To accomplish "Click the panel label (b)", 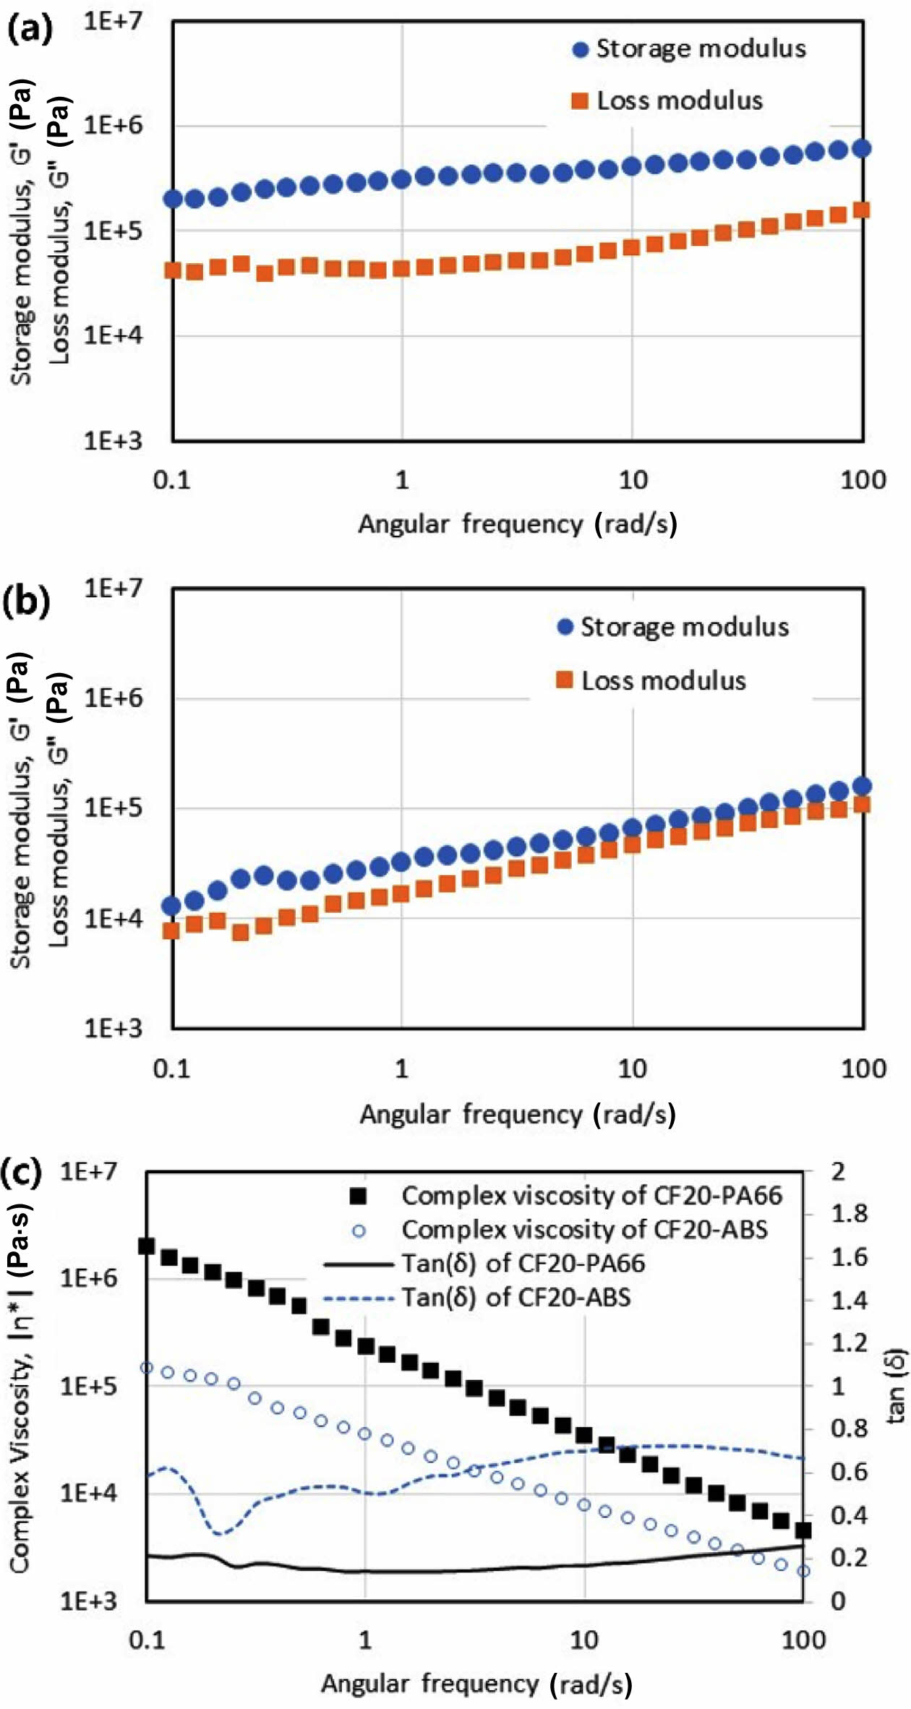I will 27,600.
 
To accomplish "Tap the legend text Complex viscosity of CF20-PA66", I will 591,1196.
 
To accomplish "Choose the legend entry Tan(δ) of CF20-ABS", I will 516,1297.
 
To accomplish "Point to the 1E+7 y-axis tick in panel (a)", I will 113,22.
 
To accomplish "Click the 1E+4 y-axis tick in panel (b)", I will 113,919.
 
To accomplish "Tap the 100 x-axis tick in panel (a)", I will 863,480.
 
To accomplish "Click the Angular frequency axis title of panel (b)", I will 518,1114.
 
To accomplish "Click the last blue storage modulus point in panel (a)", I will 862,149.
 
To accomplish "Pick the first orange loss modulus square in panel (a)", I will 173,270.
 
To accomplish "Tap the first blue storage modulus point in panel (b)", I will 171,905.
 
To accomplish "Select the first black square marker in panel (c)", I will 147,1246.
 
